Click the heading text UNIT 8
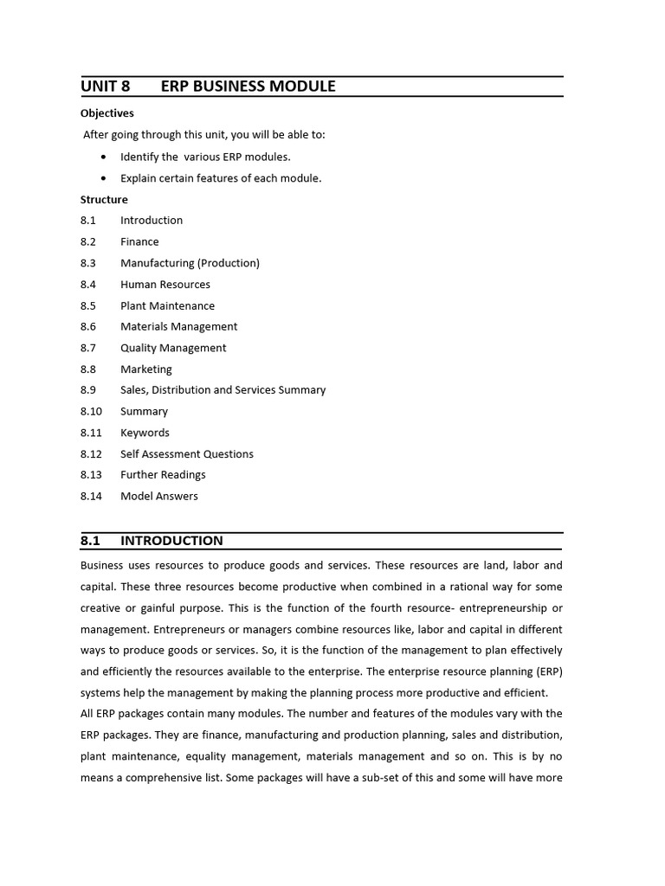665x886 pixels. click(x=105, y=87)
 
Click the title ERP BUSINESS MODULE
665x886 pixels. click(x=248, y=87)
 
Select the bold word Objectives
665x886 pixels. click(x=107, y=113)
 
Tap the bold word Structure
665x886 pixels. click(x=104, y=199)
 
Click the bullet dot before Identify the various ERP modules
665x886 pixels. click(x=104, y=157)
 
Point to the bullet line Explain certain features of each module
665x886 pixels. click(x=221, y=178)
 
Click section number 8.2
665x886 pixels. click(x=88, y=241)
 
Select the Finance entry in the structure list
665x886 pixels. click(x=139, y=241)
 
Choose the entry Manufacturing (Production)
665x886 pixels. click(x=190, y=263)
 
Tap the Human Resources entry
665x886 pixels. click(x=165, y=284)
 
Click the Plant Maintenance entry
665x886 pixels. click(x=167, y=305)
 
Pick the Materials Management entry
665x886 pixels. click(x=178, y=326)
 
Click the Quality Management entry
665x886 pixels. click(x=173, y=348)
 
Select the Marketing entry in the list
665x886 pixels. click(x=146, y=369)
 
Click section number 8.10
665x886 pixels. click(x=91, y=412)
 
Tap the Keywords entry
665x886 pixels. click(x=145, y=433)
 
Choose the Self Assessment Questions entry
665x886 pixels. click(x=187, y=454)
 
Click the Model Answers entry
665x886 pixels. click(x=159, y=497)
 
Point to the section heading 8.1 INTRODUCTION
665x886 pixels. click(x=152, y=541)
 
